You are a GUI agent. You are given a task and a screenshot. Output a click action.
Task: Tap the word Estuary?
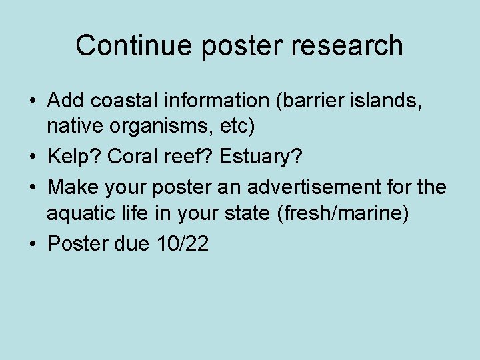point(259,158)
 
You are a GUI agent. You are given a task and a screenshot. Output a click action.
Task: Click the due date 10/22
point(183,244)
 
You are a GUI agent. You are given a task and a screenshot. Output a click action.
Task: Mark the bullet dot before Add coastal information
point(32,102)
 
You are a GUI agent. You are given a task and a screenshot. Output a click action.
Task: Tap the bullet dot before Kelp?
point(32,159)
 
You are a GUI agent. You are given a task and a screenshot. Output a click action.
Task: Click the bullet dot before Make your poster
point(32,188)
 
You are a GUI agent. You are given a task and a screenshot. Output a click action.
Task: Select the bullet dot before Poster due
point(32,245)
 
